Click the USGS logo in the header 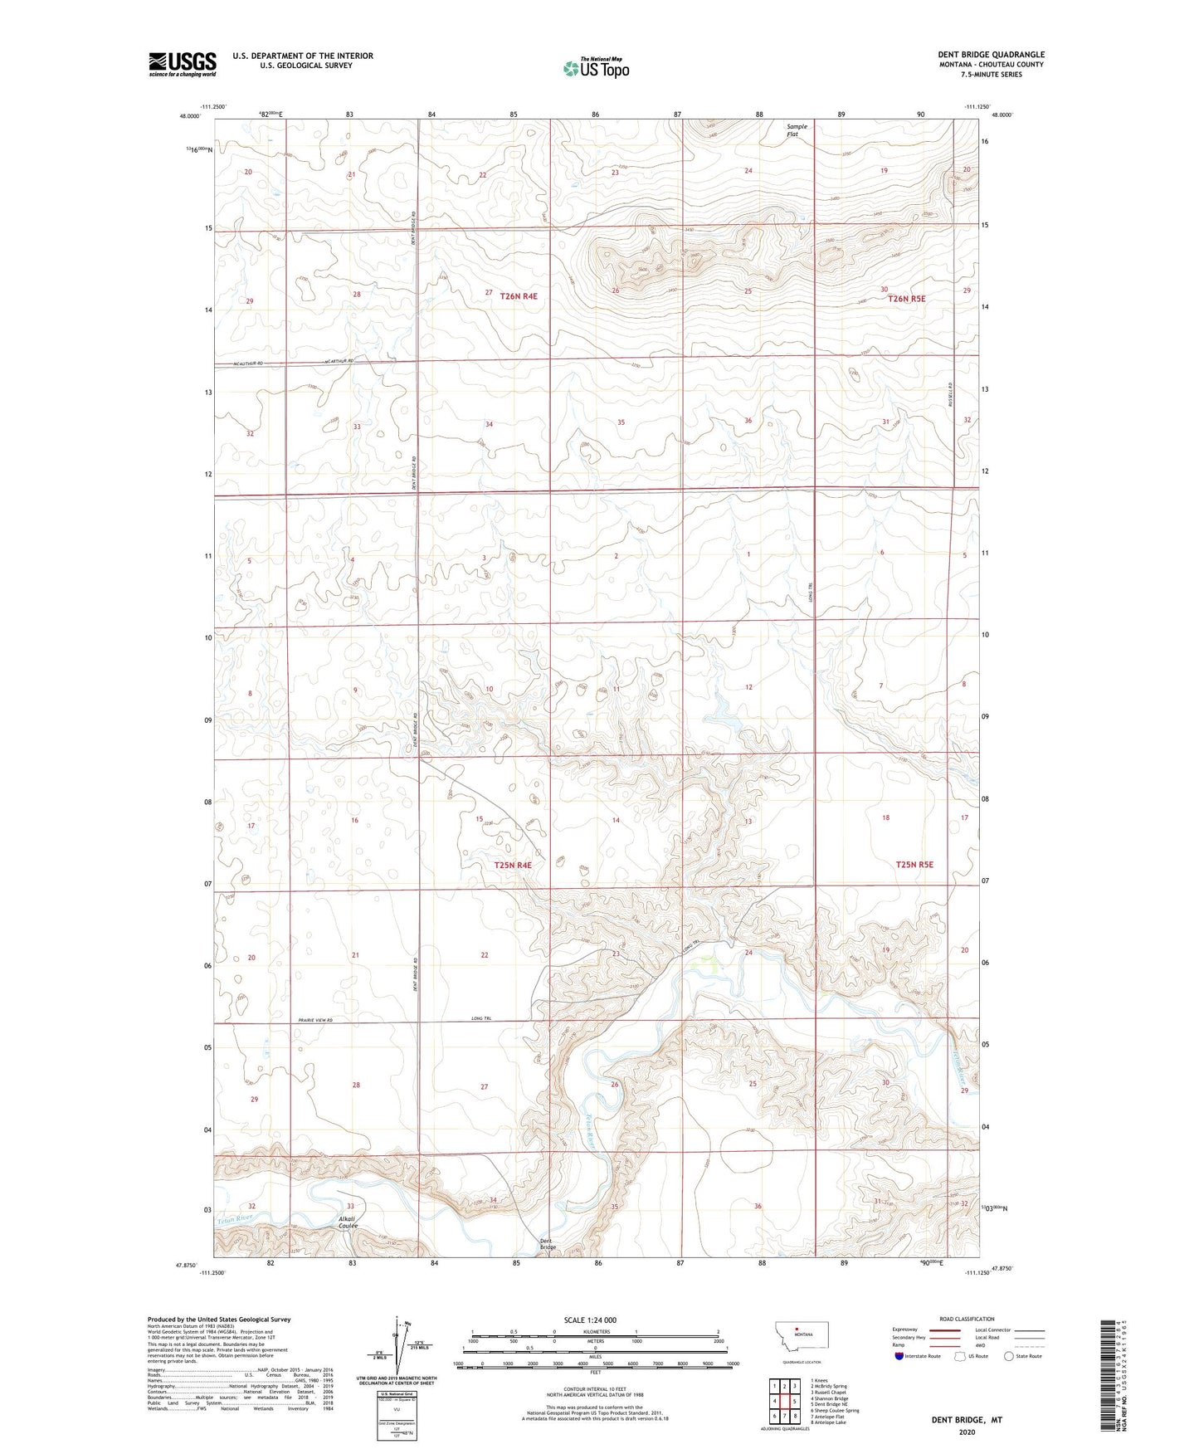182,64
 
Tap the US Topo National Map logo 596,67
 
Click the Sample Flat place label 797,129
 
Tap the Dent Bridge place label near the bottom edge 548,1244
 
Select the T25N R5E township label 914,864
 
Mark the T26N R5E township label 906,298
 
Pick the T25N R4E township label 512,865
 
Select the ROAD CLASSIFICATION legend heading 967,1319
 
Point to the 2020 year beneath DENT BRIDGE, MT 966,1432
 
